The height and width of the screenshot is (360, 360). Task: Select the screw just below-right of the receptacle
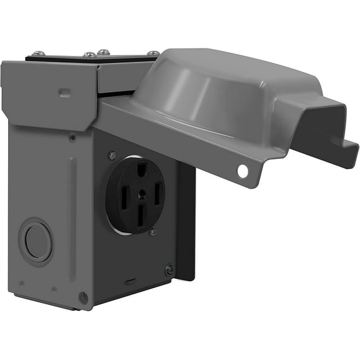click(153, 232)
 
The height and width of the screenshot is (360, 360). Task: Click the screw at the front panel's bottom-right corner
click(169, 269)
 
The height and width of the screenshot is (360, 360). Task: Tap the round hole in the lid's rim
click(241, 171)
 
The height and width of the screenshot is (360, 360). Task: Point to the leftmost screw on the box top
click(39, 53)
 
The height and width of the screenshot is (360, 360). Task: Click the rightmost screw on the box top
click(152, 53)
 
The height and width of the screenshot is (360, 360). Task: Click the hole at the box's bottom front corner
click(83, 297)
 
